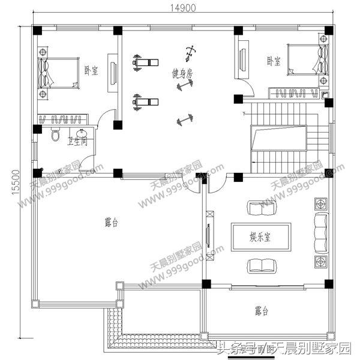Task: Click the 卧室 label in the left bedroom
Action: pos(91,71)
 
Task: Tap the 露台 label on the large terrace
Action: pos(112,223)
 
